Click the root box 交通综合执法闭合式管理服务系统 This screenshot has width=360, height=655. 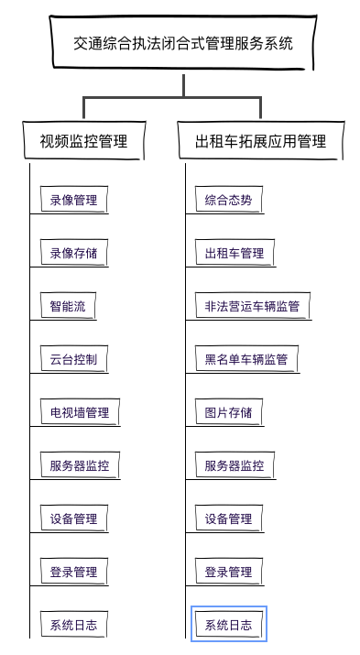point(183,43)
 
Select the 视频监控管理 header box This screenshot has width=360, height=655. point(83,141)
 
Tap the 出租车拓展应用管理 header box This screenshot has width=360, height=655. point(260,141)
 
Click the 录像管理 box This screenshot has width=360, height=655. point(73,200)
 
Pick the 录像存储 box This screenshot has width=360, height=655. point(73,253)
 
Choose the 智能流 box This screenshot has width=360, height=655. point(68,306)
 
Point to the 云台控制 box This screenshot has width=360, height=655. point(73,359)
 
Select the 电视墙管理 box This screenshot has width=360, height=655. point(80,412)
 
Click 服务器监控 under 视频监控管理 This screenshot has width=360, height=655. point(80,465)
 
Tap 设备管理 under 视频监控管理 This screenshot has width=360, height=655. point(73,519)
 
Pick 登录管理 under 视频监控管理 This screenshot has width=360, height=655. point(73,572)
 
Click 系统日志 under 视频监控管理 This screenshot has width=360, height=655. point(73,625)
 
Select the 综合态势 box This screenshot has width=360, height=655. point(228,200)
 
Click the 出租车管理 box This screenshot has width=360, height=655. point(235,253)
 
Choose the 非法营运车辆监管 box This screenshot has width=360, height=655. point(252,306)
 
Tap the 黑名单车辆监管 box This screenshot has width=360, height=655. point(246,359)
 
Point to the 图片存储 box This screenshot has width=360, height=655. point(228,412)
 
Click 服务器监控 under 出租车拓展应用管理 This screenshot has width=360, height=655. point(235,465)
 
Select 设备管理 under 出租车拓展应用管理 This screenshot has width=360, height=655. point(228,519)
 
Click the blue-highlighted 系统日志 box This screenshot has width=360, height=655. point(228,625)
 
